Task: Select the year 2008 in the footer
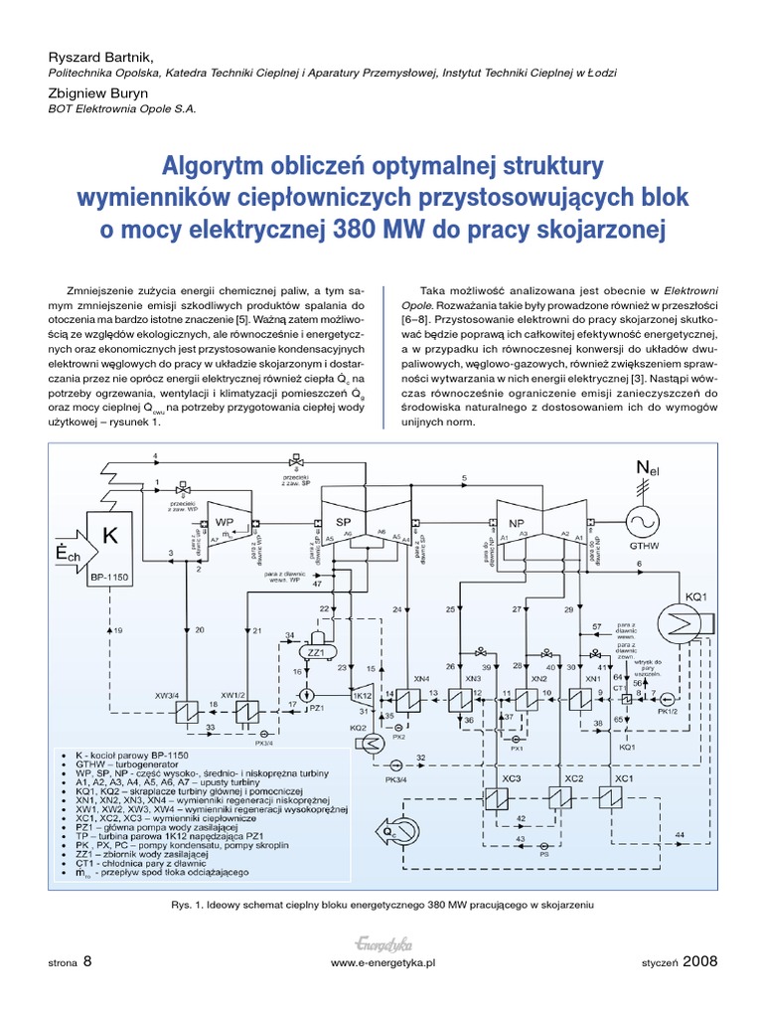coord(699,961)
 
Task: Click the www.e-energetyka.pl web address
coord(382,963)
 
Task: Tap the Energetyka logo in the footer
coord(381,943)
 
